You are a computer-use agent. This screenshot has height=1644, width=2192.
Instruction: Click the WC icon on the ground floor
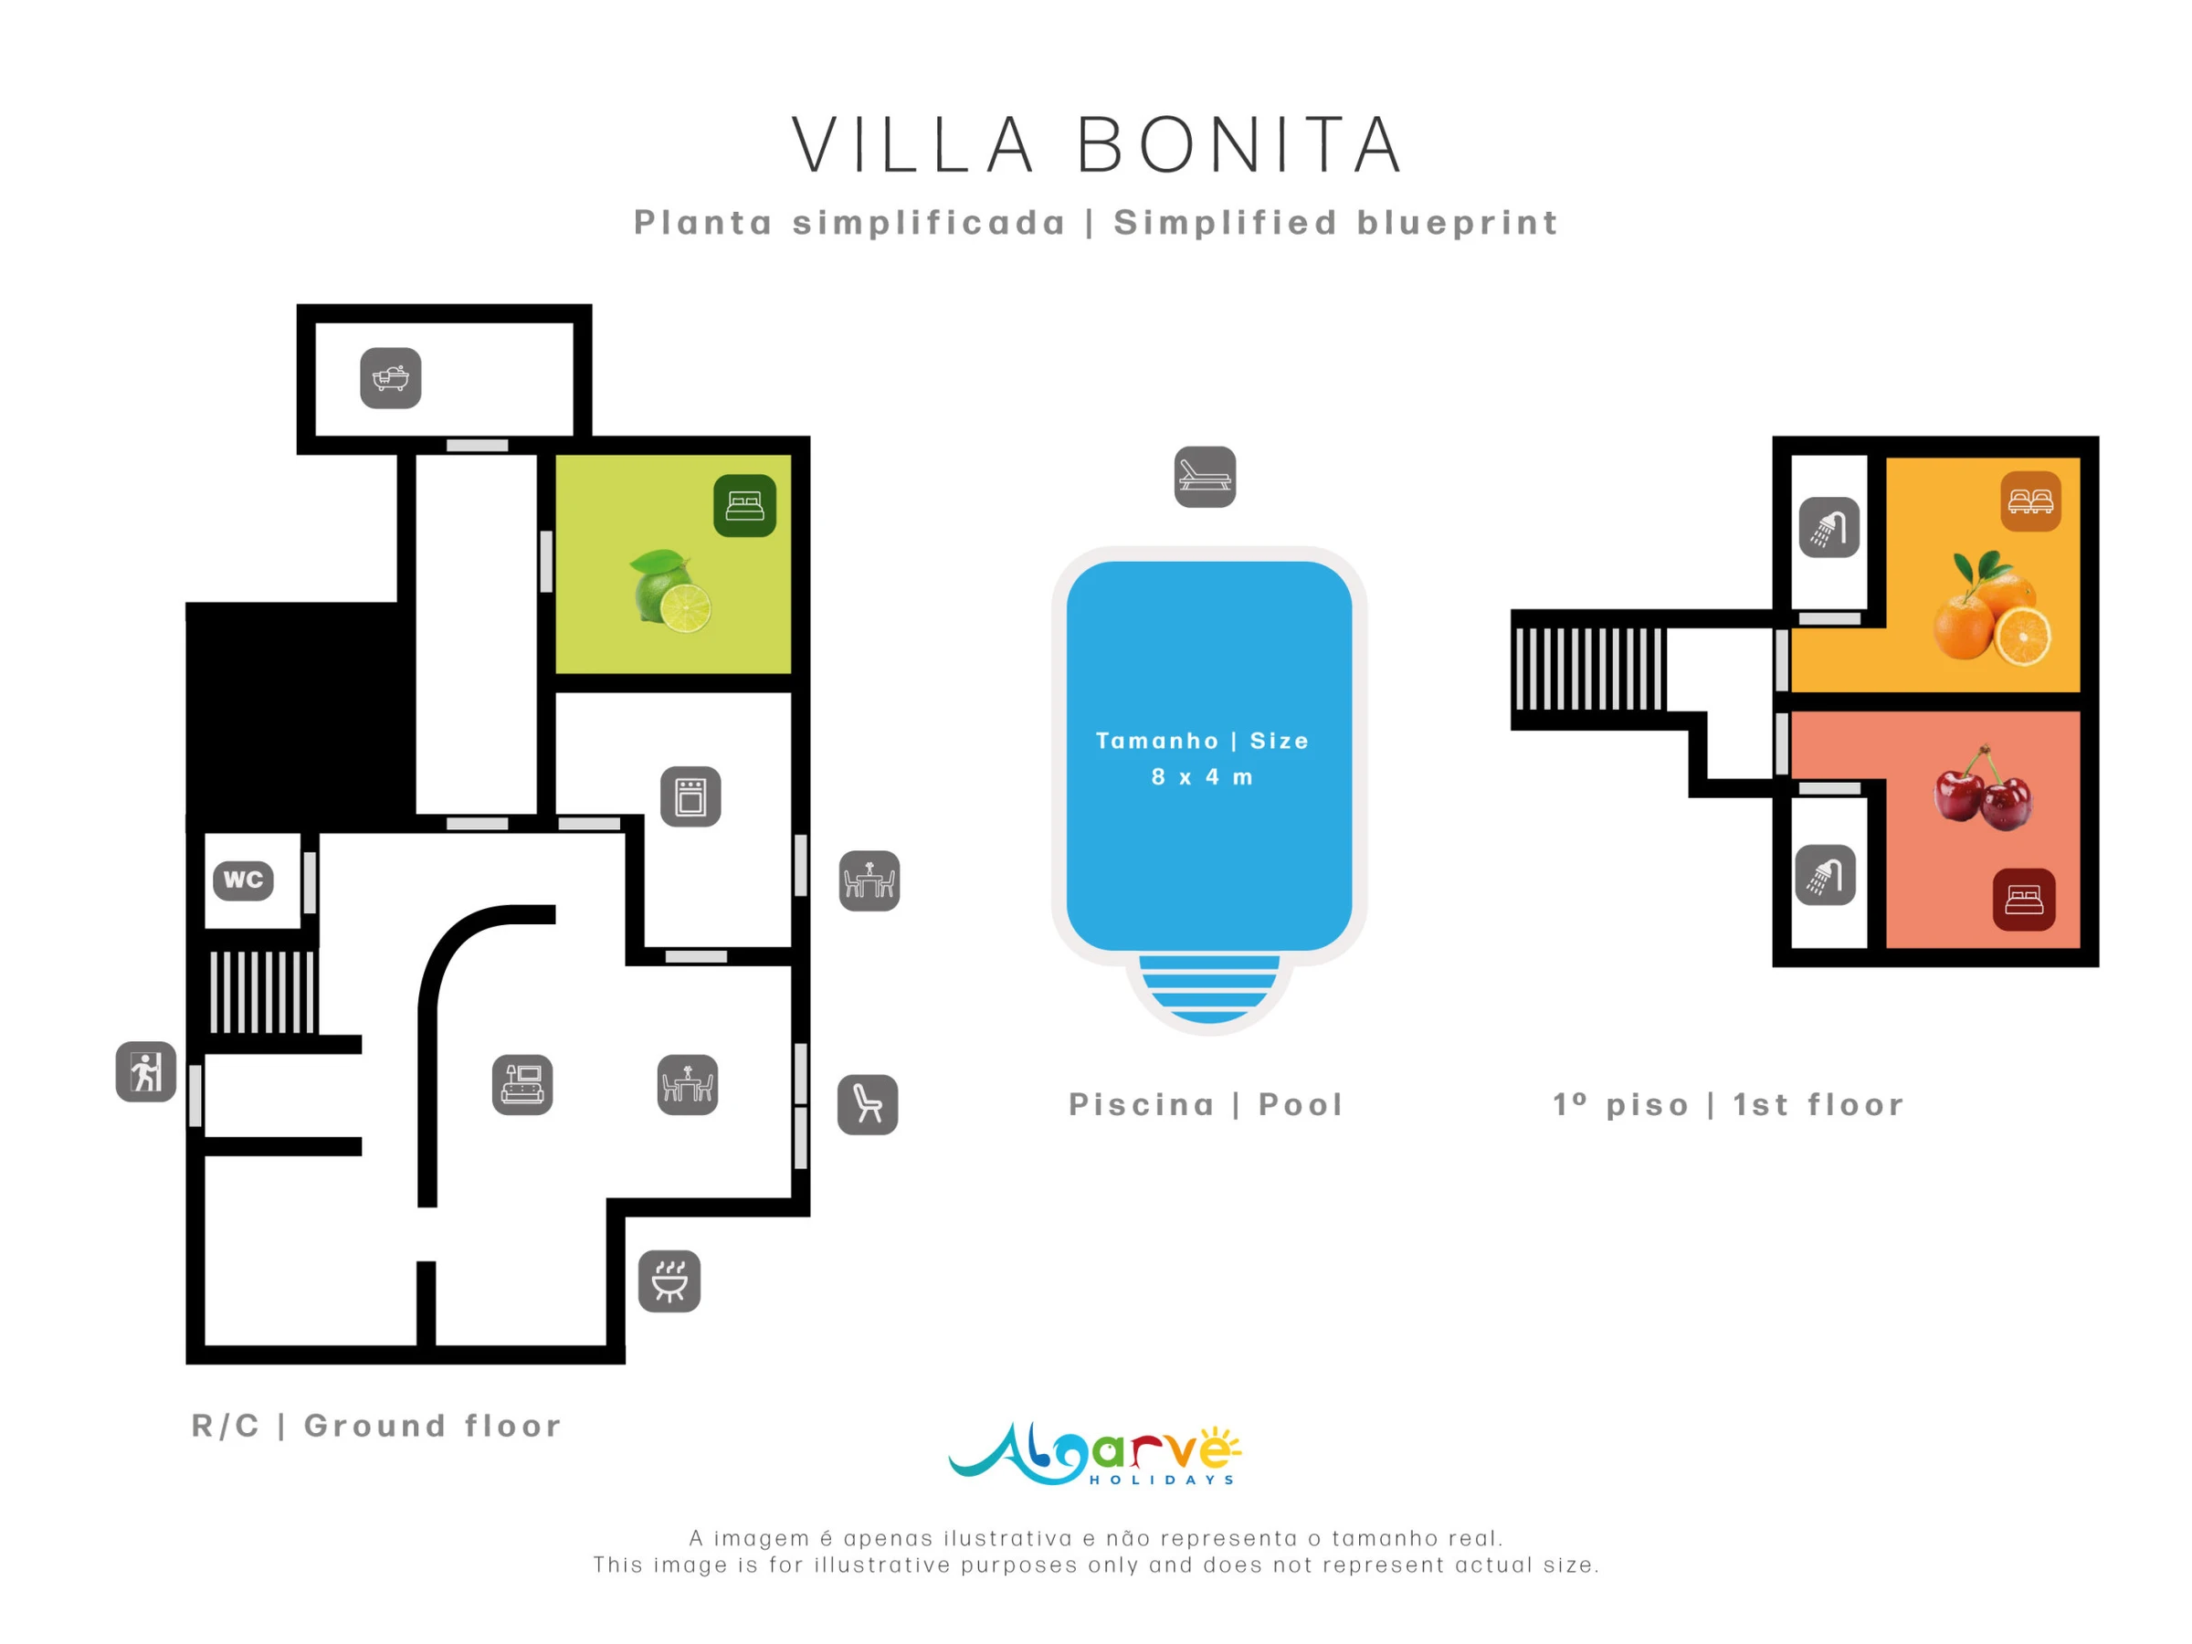[244, 880]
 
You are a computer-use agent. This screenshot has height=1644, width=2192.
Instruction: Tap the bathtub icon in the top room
[390, 377]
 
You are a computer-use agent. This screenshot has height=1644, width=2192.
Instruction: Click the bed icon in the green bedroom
[744, 506]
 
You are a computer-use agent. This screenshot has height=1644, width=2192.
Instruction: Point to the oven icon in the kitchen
[690, 796]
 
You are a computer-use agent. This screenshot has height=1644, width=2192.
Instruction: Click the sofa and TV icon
[522, 1084]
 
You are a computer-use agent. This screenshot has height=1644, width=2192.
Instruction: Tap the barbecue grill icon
[669, 1281]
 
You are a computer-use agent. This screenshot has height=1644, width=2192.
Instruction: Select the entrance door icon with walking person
[145, 1071]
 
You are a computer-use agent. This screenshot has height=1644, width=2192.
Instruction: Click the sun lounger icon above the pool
[1205, 477]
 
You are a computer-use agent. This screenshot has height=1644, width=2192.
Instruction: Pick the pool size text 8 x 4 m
[1202, 777]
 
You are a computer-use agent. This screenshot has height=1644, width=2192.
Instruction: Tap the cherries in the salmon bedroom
[1983, 789]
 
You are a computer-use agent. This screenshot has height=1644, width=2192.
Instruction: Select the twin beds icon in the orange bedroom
[2030, 501]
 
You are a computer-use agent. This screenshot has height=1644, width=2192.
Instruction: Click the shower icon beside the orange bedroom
[1829, 527]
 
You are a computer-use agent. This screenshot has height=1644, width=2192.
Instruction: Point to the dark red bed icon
[2024, 900]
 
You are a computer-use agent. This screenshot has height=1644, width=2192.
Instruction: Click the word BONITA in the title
[1239, 145]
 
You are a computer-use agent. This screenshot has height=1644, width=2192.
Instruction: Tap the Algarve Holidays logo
[1095, 1455]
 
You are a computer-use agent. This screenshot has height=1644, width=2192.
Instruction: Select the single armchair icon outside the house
[868, 1105]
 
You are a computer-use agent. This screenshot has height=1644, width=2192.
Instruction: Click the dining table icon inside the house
[688, 1084]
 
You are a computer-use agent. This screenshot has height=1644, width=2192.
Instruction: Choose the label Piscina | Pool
[1206, 1104]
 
